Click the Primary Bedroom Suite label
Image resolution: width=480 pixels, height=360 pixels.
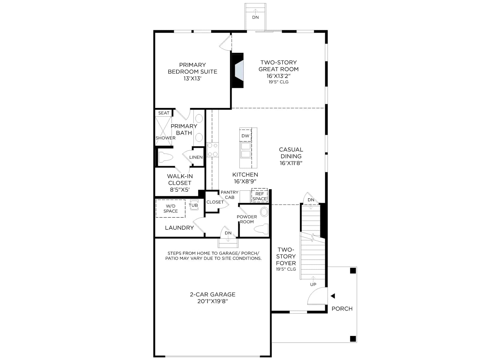coord(192,71)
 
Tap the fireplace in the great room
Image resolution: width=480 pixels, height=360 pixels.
coord(238,70)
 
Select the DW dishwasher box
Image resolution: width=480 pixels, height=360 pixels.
coord(245,136)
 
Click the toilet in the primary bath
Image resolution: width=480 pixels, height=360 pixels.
coord(166,157)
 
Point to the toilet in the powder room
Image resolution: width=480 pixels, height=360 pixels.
coord(261,229)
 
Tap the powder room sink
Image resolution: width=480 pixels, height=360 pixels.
coord(264,212)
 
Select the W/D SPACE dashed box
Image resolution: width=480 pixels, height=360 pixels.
coord(171,208)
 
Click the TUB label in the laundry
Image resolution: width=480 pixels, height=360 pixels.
coord(193,205)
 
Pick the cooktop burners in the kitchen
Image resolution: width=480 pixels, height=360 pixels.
coord(213,150)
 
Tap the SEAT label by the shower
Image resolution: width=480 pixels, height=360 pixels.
coord(164,113)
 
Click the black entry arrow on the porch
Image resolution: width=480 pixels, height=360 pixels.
coord(333,296)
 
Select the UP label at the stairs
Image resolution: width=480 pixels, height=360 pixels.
coord(313,284)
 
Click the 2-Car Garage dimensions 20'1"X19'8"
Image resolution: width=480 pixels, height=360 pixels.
coord(213,301)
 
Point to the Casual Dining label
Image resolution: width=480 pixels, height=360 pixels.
coord(291,156)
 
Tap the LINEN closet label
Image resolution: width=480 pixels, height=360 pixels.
coord(196,157)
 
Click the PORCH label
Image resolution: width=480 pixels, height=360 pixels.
coord(342,309)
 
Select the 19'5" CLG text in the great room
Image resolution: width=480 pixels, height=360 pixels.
coord(278,82)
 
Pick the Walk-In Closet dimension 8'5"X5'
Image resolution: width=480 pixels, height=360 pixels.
coord(179,190)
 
